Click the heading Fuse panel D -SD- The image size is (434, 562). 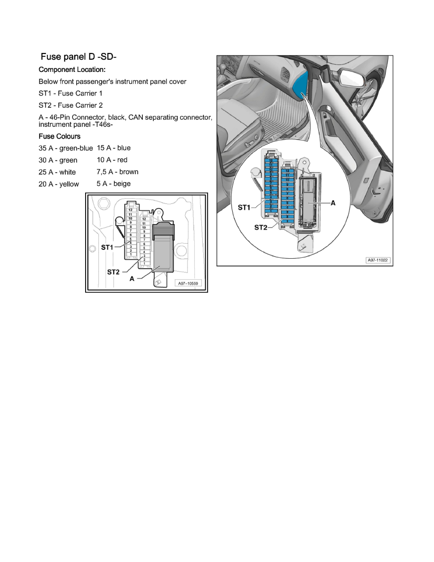point(78,57)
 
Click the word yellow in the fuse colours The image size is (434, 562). point(69,184)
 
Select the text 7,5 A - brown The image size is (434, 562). point(117,172)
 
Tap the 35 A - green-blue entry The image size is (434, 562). point(66,148)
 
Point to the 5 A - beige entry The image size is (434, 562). point(113,184)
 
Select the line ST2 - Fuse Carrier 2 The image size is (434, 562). point(70,105)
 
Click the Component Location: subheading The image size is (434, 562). point(72,69)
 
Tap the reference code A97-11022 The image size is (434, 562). point(378,260)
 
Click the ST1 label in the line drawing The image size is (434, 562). point(107,247)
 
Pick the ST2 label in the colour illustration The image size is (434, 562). point(261,227)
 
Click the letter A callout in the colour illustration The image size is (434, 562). point(333,202)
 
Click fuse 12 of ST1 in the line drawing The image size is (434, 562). point(130,210)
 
